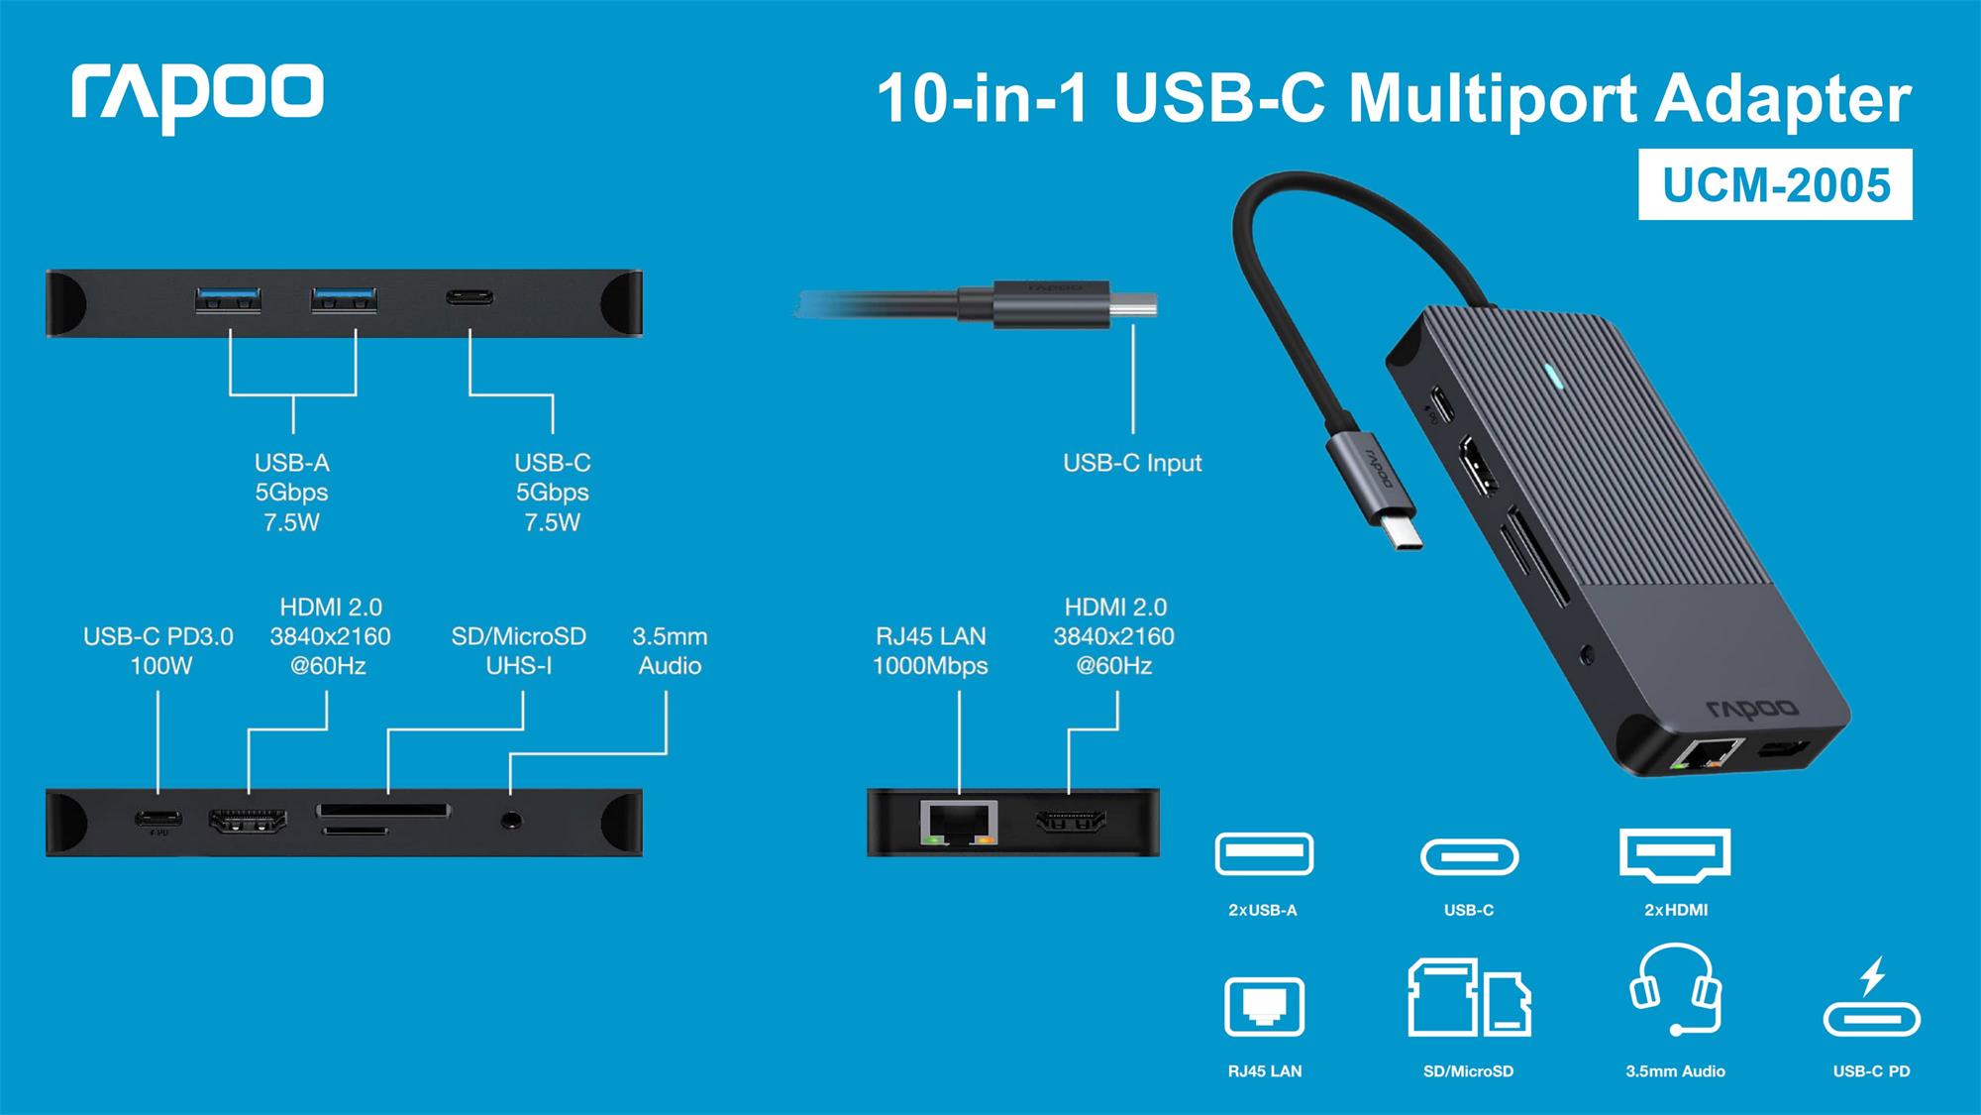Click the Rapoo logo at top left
pos(197,96)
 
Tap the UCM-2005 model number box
pos(1775,185)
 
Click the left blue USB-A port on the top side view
pos(229,299)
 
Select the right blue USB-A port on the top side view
pos(344,299)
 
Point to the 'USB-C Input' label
pos(1132,463)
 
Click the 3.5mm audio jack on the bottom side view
pos(511,820)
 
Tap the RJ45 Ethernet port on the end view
pos(959,823)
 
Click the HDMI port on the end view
pos(1071,822)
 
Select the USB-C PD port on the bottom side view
pos(159,819)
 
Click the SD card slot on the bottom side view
pos(383,812)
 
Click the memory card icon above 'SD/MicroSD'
pos(1469,998)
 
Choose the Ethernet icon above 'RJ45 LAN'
pos(1265,1007)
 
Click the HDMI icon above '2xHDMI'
pos(1675,853)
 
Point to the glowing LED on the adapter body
pos(1553,377)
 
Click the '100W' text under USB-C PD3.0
pos(160,666)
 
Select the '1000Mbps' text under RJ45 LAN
pos(930,666)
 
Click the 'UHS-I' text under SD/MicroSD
pos(519,666)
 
